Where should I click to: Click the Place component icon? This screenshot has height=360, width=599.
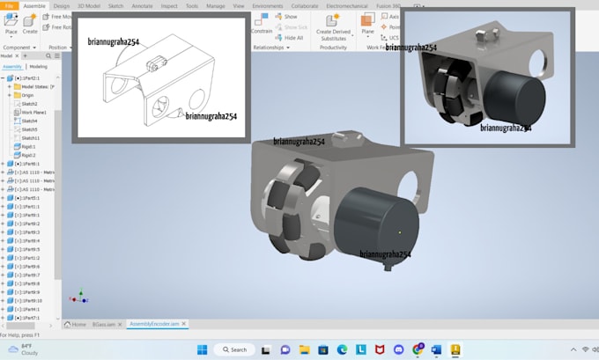point(11,22)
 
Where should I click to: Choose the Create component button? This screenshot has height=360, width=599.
point(30,22)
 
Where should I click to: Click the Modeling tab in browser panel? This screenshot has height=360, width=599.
point(39,66)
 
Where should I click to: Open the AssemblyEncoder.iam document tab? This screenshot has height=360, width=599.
point(154,325)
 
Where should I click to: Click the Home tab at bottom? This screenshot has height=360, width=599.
point(78,325)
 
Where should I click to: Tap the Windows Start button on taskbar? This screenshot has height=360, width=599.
point(202,349)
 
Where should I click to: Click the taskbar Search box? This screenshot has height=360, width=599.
point(236,349)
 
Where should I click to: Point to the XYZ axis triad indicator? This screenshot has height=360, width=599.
point(79,298)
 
